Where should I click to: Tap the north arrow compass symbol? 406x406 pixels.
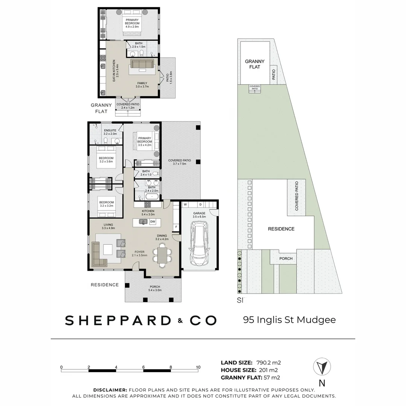point(322,367)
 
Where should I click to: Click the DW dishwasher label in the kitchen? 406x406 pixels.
point(153,222)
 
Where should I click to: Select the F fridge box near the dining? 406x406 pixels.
point(176,227)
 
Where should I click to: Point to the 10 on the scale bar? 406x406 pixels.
point(198,367)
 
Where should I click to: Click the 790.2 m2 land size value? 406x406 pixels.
point(268,363)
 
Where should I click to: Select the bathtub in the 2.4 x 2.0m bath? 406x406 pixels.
point(152,197)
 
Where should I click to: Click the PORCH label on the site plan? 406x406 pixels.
point(286,259)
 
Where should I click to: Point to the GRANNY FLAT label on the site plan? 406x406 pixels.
point(255,64)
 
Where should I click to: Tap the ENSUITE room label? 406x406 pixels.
point(110,130)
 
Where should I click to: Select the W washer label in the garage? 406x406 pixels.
point(185,205)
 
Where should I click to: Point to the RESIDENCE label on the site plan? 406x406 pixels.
point(281,229)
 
